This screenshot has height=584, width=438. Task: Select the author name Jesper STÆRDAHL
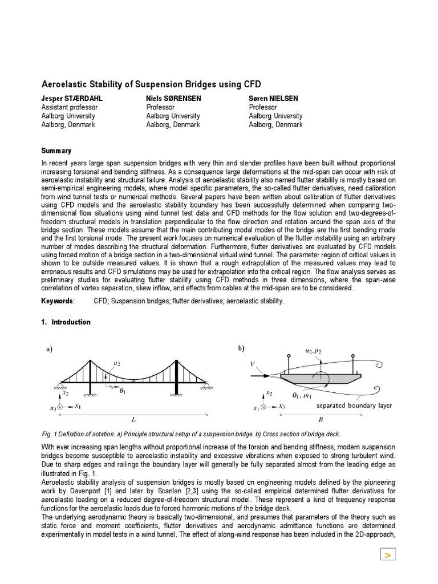point(72,99)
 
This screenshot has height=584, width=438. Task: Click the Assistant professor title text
point(69,107)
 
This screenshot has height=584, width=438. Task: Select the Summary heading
point(56,151)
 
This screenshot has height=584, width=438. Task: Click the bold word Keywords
point(57,301)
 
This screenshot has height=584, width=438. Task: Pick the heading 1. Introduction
point(66,322)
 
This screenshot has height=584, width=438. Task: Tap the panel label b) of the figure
point(241,348)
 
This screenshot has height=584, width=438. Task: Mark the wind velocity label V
point(253,363)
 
